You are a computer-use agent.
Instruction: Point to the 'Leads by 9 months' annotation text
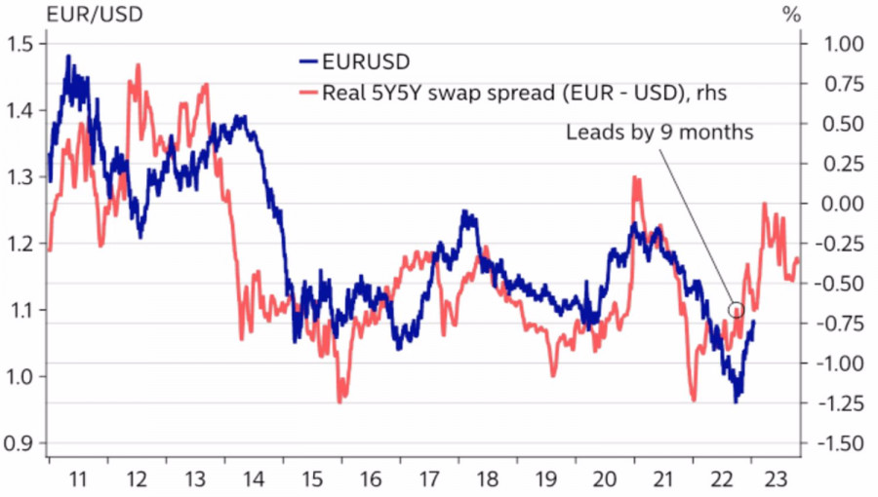[x=659, y=133]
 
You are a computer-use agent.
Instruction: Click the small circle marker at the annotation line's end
[x=737, y=310]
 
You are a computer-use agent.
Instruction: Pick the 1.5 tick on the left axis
[x=20, y=45]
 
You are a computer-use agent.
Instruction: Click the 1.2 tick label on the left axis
[x=20, y=244]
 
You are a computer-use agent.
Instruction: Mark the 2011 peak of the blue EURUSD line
[x=68, y=57]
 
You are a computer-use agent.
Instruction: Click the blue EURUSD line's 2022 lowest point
[x=737, y=401]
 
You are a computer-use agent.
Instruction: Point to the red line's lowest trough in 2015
[x=339, y=401]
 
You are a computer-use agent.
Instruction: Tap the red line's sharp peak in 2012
[x=138, y=65]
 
